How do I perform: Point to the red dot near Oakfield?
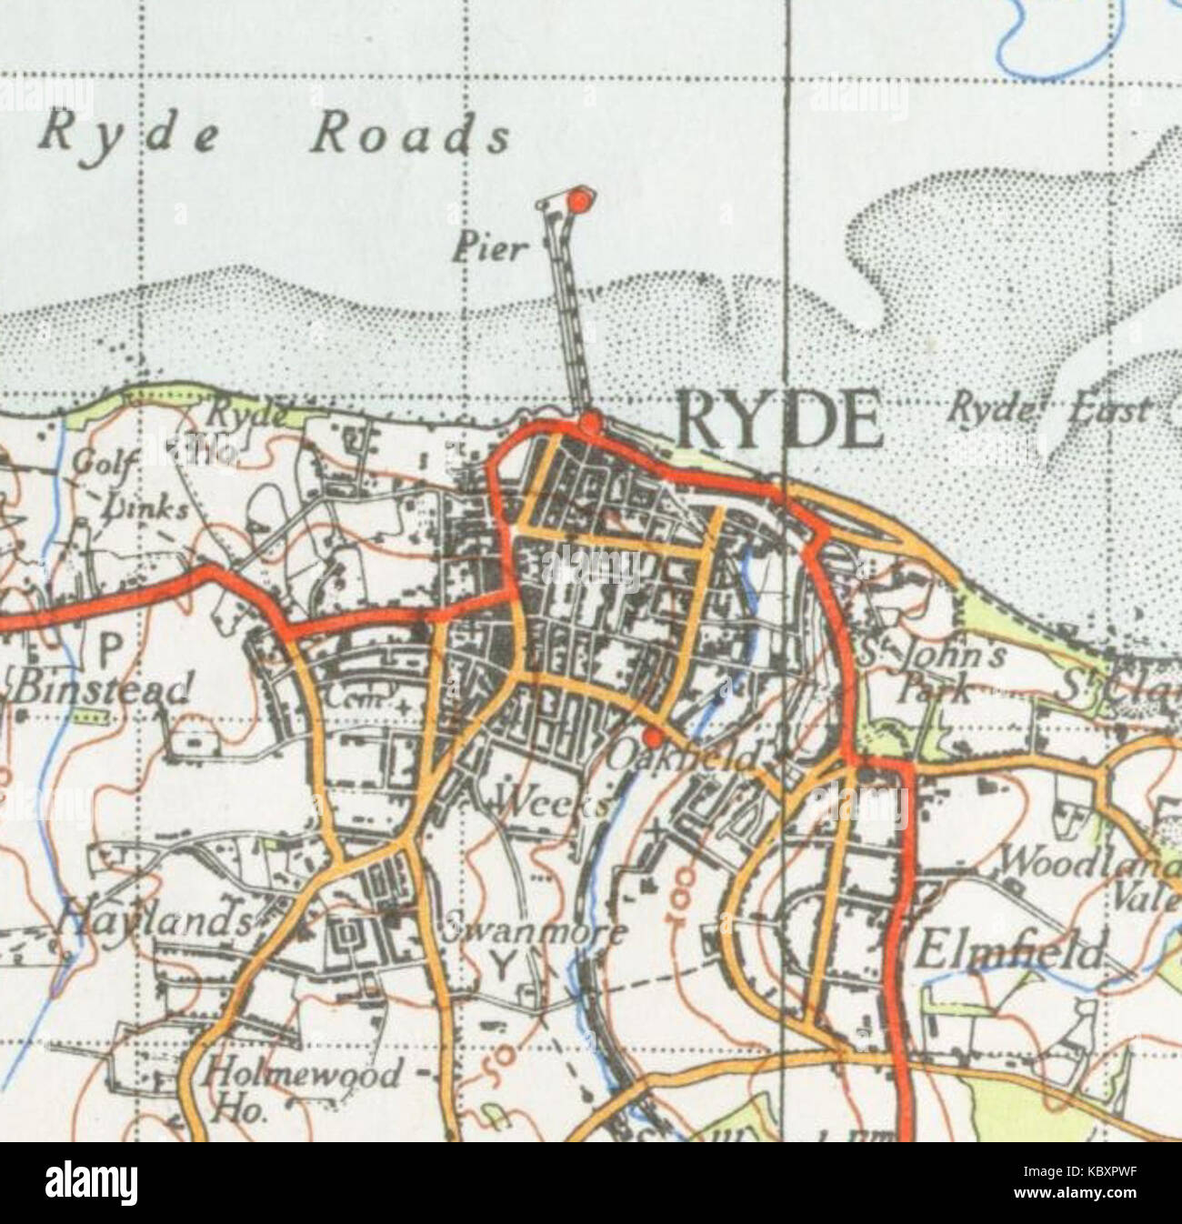click(x=651, y=735)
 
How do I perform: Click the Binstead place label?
click(x=102, y=687)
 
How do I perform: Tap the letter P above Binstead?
click(x=109, y=649)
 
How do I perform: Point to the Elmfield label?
click(x=1007, y=955)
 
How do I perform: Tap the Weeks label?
click(x=553, y=804)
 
